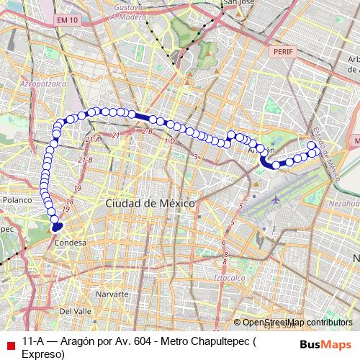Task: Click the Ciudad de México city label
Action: (x=150, y=204)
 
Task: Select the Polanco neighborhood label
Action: (x=17, y=199)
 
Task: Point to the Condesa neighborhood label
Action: (x=71, y=243)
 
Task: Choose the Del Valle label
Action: (x=75, y=311)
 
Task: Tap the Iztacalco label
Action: (x=231, y=276)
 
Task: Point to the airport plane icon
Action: (x=277, y=197)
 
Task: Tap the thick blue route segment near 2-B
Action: (x=143, y=117)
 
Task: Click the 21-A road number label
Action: (x=91, y=138)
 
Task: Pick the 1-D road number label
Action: (x=169, y=142)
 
